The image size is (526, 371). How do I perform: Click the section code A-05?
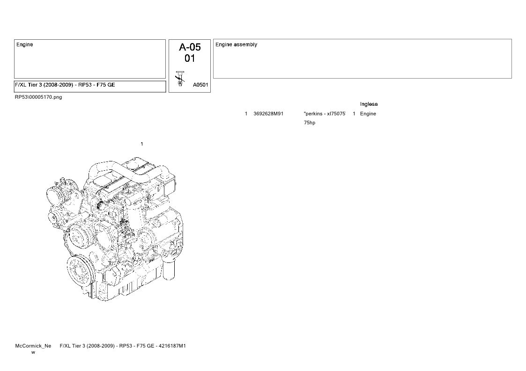(190, 47)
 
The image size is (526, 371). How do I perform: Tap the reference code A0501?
(200, 85)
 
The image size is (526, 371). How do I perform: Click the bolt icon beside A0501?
(180, 79)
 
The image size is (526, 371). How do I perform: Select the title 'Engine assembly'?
(236, 44)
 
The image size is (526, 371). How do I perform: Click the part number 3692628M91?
(268, 114)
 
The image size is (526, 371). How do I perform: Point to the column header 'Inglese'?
(369, 104)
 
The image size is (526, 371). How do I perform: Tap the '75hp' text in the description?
(310, 123)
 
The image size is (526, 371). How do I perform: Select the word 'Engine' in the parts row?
(368, 114)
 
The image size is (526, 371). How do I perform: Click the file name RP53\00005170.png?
(38, 97)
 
